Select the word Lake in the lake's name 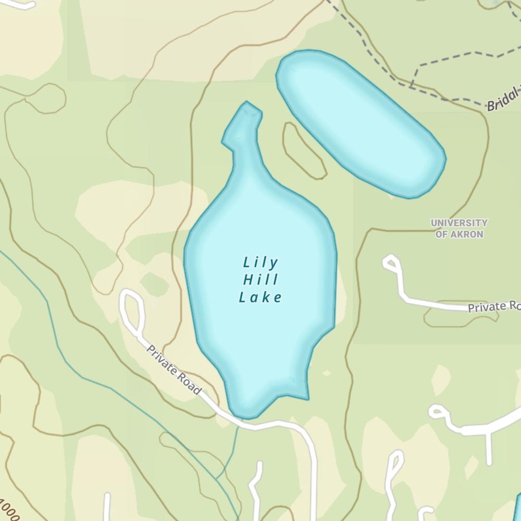tap(260, 297)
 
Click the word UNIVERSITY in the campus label tap(459, 223)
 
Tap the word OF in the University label tap(441, 234)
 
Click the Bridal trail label tap(503, 102)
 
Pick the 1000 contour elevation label tap(9, 510)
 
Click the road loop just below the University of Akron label tap(391, 263)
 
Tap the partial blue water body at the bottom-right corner tap(517, 508)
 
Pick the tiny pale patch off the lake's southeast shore tap(327, 373)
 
